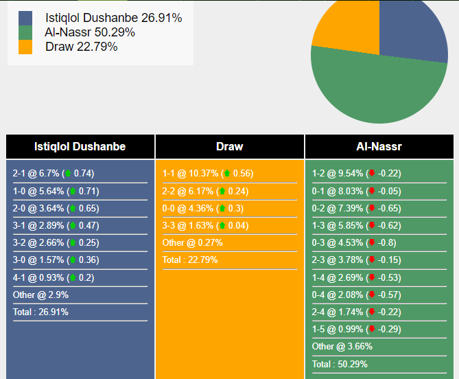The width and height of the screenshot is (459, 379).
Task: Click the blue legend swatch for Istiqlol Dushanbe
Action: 25,18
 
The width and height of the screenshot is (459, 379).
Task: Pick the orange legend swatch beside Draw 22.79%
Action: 25,47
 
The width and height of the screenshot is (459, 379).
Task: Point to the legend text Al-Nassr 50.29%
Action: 90,32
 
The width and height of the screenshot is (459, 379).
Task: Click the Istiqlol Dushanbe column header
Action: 80,146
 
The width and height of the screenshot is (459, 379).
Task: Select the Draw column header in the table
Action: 229,146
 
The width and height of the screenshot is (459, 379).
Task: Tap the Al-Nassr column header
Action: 379,146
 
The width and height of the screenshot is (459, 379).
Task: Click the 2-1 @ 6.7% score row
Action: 54,174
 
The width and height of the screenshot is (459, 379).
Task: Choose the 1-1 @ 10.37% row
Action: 208,174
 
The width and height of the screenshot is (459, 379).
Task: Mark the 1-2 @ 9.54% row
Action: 357,174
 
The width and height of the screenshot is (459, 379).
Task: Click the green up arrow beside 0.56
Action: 227,173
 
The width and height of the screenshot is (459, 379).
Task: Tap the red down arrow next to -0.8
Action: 372,242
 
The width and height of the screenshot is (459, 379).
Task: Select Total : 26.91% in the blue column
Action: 40,312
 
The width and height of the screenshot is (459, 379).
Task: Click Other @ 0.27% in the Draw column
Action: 192,242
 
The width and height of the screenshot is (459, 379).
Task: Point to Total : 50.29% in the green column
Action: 340,364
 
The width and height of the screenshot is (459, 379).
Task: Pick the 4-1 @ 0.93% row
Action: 54,277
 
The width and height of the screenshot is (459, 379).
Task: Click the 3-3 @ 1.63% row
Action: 206,225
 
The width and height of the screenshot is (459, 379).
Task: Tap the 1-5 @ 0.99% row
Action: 357,329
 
